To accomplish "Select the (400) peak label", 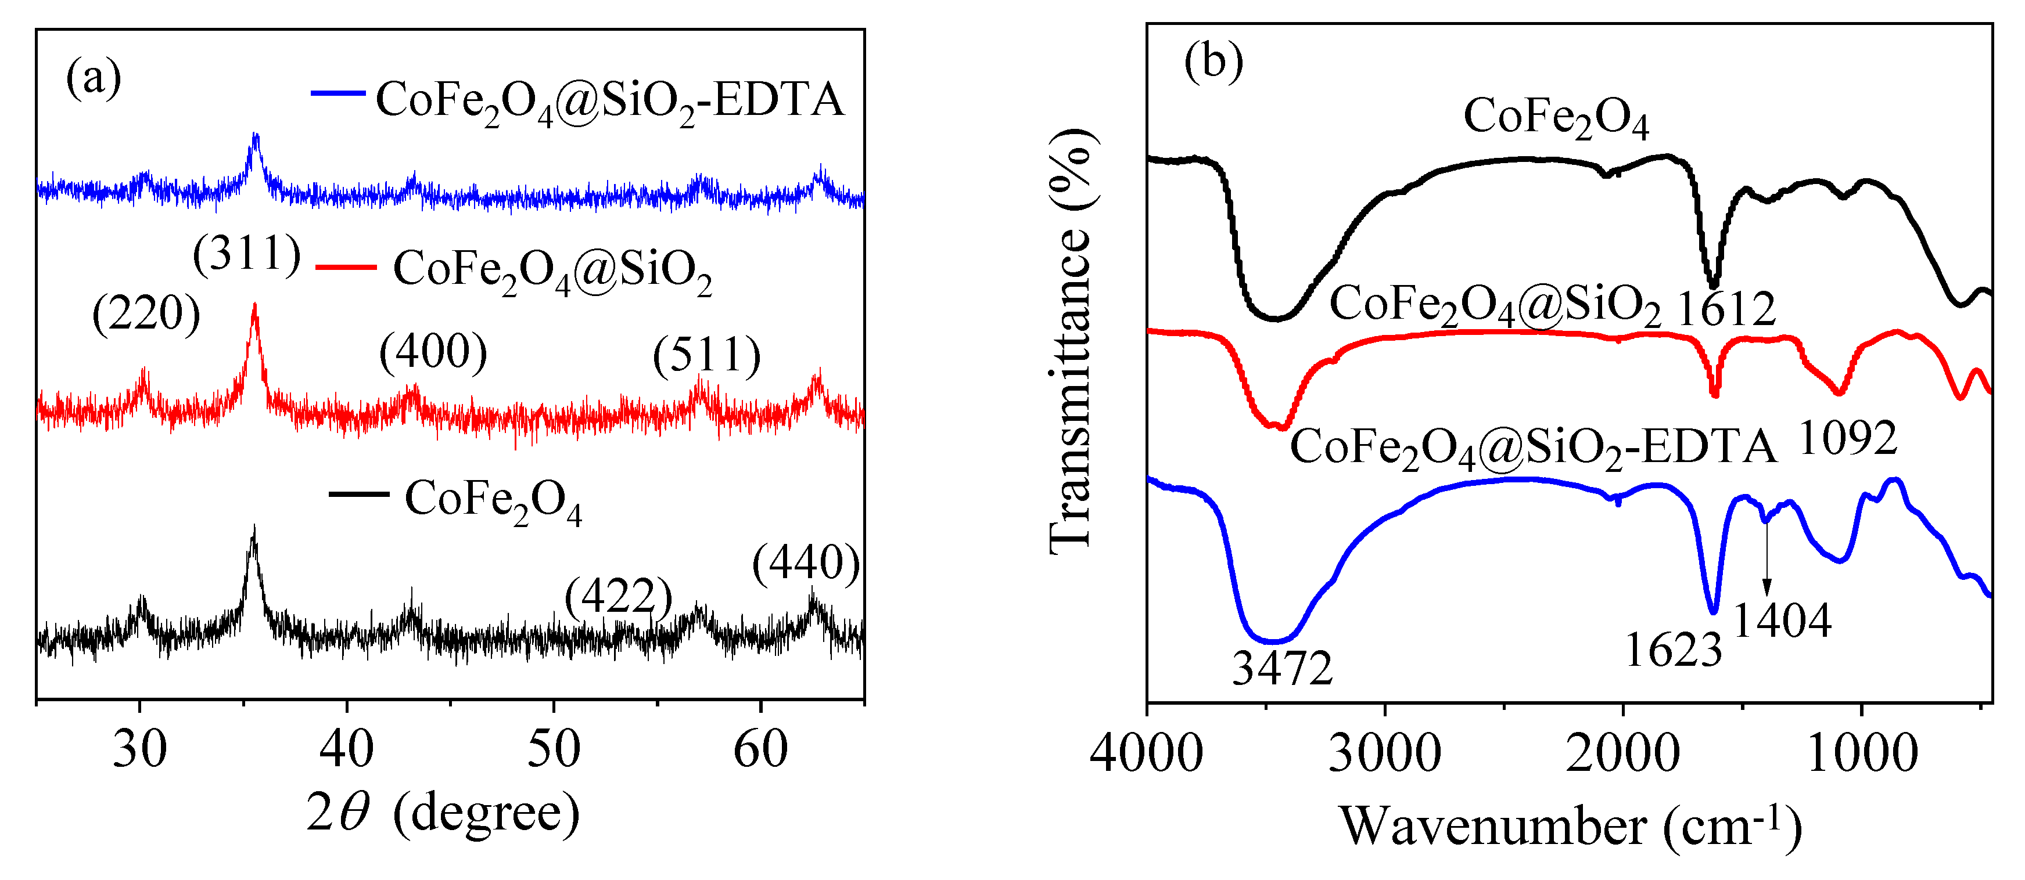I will point(433,351).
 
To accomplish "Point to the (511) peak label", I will point(707,355).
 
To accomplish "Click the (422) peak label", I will point(619,597).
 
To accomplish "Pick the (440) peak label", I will point(806,564).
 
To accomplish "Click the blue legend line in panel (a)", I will point(338,93).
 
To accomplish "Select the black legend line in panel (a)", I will point(358,494).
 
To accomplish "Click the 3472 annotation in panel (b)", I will point(1282,669).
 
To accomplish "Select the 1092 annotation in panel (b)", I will point(1848,438).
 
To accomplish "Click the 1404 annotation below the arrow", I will point(1782,621).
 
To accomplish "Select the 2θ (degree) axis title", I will point(443,813).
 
